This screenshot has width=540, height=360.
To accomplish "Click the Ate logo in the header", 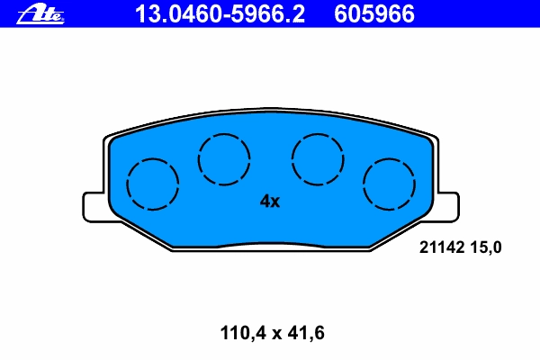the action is point(40,14).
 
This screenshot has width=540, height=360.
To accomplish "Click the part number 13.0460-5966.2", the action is point(220,13).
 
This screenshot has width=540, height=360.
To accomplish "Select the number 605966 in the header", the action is point(374,13).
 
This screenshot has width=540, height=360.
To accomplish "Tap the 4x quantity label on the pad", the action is point(270,202).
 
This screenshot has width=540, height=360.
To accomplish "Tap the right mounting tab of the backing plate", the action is point(447,207).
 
